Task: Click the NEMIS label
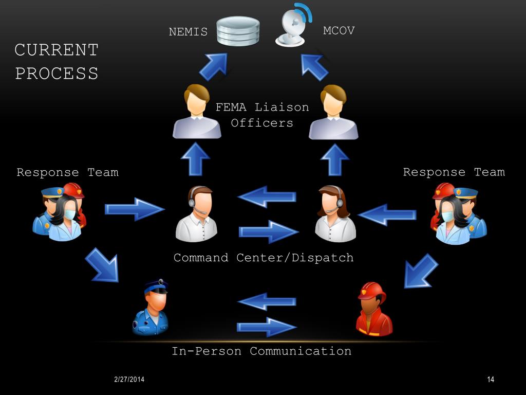pyautogui.click(x=188, y=32)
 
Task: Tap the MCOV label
pyautogui.click(x=339, y=31)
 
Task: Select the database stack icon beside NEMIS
pyautogui.click(x=238, y=31)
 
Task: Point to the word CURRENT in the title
pyautogui.click(x=57, y=50)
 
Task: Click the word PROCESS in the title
pyautogui.click(x=57, y=74)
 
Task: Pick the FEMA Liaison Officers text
pyautogui.click(x=262, y=115)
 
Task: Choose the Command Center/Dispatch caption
pyautogui.click(x=264, y=258)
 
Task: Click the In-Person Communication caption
pyautogui.click(x=261, y=351)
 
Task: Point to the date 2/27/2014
pyautogui.click(x=129, y=380)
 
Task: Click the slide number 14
pyautogui.click(x=490, y=380)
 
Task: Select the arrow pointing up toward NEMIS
pyautogui.click(x=213, y=66)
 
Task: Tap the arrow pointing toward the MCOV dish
pyautogui.click(x=314, y=66)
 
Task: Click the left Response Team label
pyautogui.click(x=67, y=172)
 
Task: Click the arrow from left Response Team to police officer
pyautogui.click(x=102, y=265)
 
